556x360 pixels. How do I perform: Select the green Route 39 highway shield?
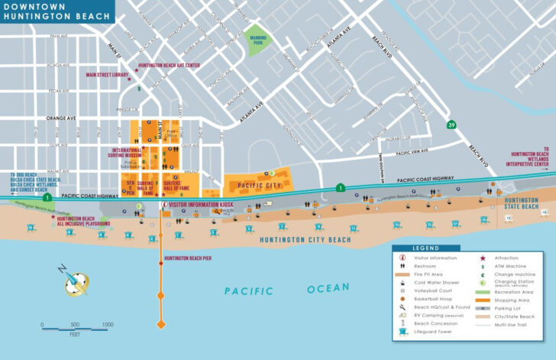[x=452, y=125]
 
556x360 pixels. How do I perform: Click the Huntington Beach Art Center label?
[x=170, y=66]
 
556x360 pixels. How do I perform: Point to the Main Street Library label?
[x=108, y=76]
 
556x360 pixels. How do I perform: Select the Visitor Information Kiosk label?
[x=199, y=205]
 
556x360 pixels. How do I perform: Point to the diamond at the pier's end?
[x=160, y=325]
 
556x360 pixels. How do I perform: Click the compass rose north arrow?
[x=76, y=280]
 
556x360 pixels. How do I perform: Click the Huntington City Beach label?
[x=305, y=240]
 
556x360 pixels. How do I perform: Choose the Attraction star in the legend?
[x=483, y=258]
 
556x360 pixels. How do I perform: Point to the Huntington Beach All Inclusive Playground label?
[x=83, y=222]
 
